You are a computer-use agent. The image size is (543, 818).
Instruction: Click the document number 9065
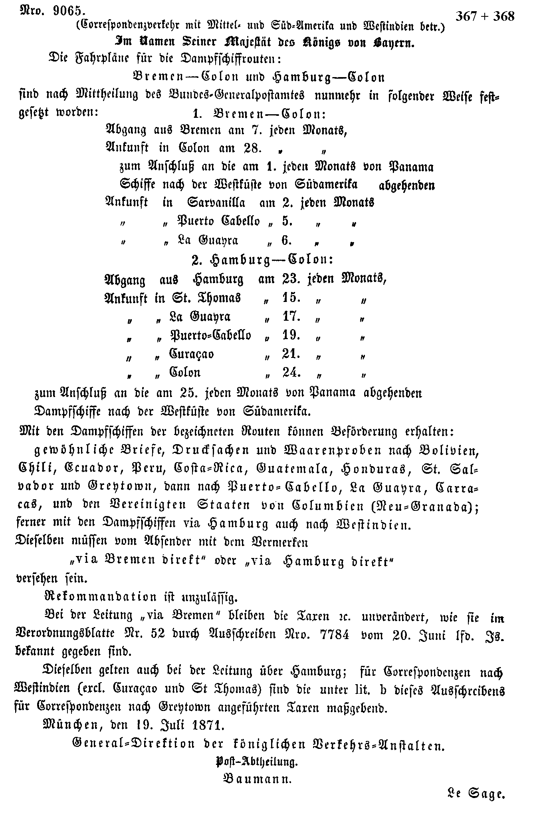click(x=67, y=10)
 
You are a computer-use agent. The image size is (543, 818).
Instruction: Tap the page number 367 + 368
click(x=485, y=16)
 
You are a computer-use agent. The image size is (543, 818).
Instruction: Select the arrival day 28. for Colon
click(x=252, y=148)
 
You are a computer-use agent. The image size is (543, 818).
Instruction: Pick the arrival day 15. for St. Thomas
click(x=291, y=298)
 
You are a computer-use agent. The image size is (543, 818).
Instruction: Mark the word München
click(x=69, y=724)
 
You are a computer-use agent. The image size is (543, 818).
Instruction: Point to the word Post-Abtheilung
click(x=256, y=761)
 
